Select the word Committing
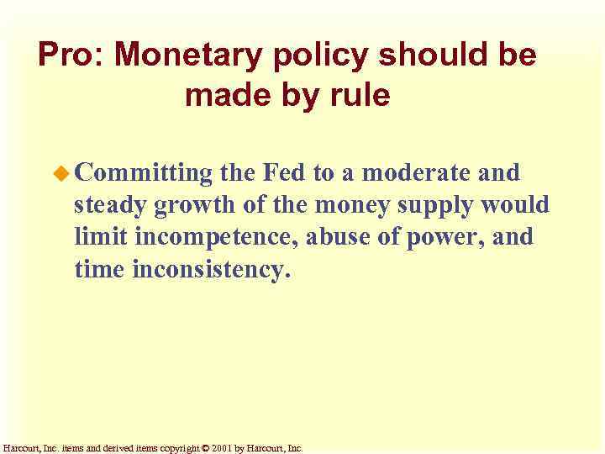pyautogui.click(x=144, y=174)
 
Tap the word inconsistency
pyautogui.click(x=211, y=270)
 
